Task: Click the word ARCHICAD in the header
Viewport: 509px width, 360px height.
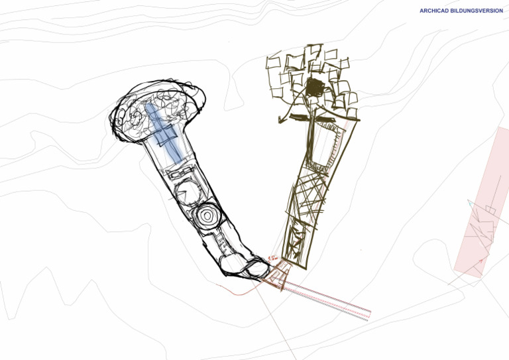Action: click(x=434, y=11)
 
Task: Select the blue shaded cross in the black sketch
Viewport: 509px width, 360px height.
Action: click(x=163, y=129)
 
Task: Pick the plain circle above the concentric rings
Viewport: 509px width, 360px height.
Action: click(x=186, y=193)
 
